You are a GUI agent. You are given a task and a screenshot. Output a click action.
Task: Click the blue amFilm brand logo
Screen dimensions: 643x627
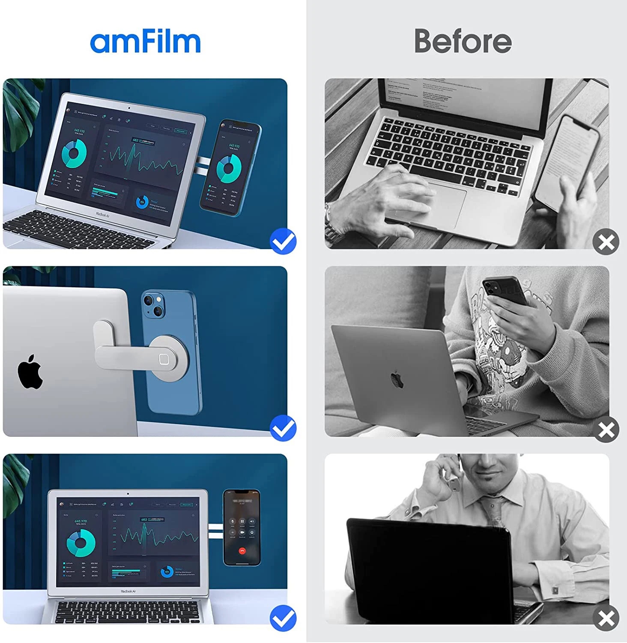(x=145, y=42)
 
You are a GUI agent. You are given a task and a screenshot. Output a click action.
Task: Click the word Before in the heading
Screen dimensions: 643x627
(x=463, y=42)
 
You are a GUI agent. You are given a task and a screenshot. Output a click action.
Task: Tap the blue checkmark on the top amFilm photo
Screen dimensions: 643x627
(x=283, y=241)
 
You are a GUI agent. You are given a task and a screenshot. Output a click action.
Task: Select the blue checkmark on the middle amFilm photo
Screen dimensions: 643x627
(x=283, y=428)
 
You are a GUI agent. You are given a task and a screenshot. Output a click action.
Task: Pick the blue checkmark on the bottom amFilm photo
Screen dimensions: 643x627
(x=283, y=618)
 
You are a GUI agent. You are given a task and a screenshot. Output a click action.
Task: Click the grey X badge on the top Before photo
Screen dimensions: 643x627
(x=606, y=242)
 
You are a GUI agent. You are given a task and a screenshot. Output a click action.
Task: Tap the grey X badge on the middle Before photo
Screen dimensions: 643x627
(x=606, y=429)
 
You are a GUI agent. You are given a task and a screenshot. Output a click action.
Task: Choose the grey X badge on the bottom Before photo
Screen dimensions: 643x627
(x=606, y=618)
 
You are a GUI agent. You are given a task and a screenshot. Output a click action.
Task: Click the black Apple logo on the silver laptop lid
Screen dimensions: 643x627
(x=30, y=372)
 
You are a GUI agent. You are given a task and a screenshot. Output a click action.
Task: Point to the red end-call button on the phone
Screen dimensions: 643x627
(x=242, y=551)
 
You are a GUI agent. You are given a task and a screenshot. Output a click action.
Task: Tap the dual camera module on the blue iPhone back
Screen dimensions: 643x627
(x=153, y=305)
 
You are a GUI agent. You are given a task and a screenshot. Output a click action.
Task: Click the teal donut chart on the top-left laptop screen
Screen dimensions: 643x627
(x=74, y=153)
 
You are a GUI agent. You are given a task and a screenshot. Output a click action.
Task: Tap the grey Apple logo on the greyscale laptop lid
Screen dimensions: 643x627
(x=397, y=380)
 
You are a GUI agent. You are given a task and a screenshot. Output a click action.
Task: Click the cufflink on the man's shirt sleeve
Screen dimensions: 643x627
(x=555, y=590)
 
